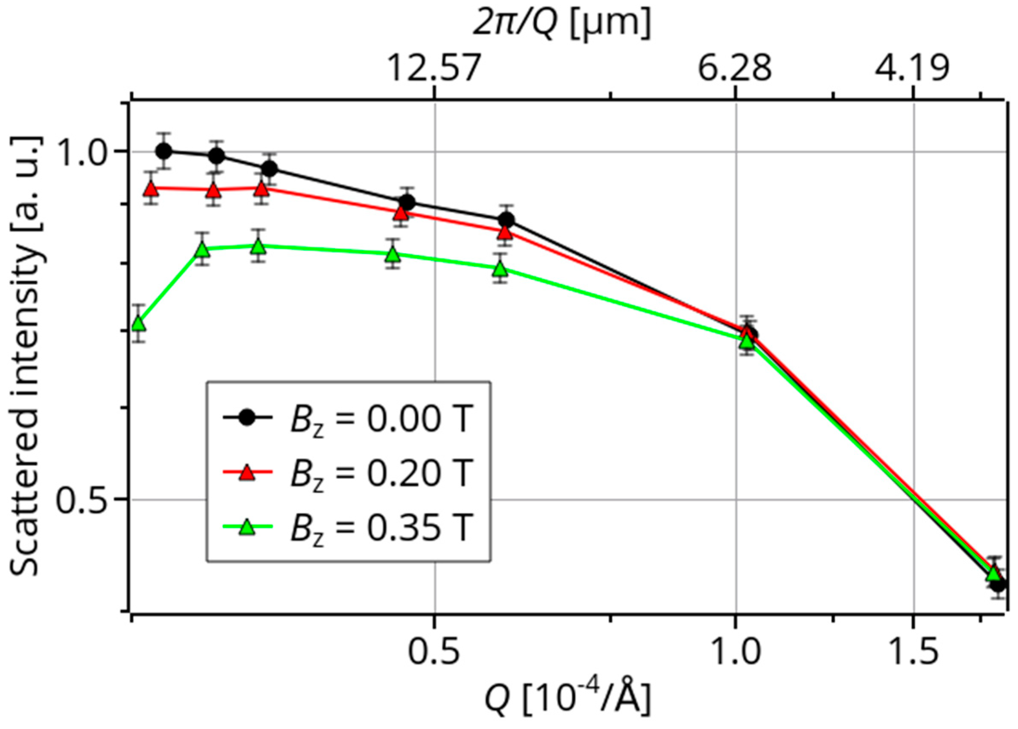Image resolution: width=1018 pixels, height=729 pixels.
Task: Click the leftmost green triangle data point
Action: click(x=139, y=324)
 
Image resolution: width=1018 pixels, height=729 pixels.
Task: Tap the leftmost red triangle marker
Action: click(x=151, y=189)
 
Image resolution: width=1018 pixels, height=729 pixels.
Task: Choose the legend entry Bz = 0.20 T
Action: click(x=348, y=474)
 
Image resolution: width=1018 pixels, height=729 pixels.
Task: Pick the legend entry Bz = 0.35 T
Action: click(x=348, y=528)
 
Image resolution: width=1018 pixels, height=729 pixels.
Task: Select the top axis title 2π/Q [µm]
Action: click(x=561, y=25)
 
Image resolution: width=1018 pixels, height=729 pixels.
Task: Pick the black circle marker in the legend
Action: click(x=247, y=418)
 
